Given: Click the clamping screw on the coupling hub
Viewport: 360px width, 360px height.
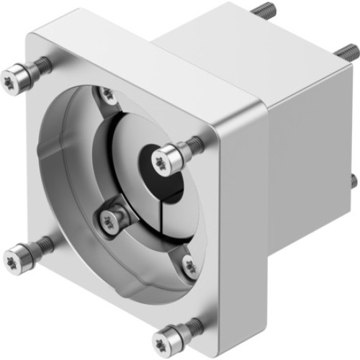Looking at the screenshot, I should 110,220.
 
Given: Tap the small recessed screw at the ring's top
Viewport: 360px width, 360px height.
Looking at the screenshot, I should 107,94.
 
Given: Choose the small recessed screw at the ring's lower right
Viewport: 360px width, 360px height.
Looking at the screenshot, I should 189,266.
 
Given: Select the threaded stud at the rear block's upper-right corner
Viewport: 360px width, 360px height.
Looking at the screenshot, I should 346,52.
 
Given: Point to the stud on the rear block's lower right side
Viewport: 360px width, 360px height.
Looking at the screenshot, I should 353,180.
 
